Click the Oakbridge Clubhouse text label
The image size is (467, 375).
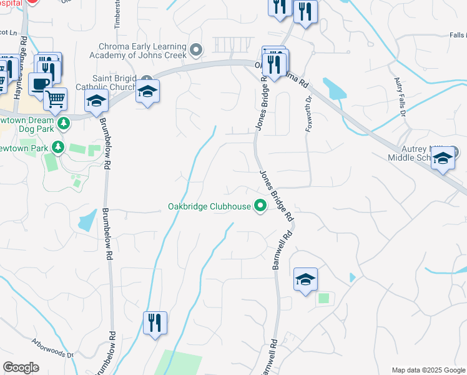[209, 206]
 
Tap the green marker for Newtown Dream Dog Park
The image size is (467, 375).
[63, 124]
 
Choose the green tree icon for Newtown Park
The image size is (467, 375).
[58, 147]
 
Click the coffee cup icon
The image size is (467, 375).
[40, 84]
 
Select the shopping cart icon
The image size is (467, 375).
[56, 98]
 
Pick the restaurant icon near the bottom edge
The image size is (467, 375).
[155, 323]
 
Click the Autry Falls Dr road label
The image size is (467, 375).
[400, 97]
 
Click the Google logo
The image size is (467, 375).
[21, 367]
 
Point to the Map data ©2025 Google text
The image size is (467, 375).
[428, 369]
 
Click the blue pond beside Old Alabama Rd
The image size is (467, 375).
[335, 89]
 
